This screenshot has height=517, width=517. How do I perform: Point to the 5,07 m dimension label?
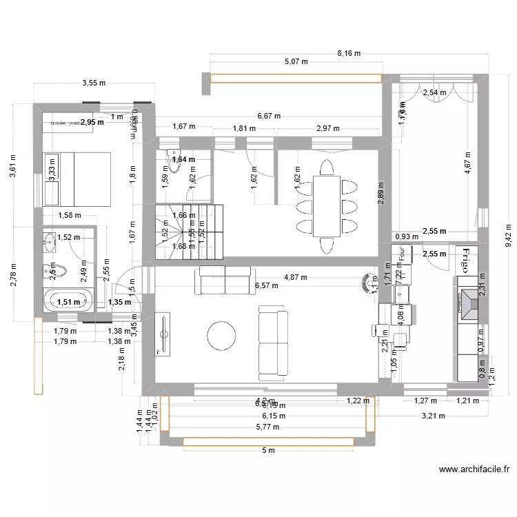296,61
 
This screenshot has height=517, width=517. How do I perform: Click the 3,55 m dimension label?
94,83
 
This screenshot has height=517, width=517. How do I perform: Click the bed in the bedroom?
77,179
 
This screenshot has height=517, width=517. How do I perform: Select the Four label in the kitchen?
401,253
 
